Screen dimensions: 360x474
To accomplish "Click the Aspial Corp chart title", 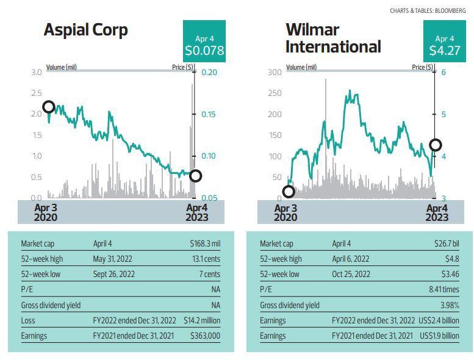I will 85,31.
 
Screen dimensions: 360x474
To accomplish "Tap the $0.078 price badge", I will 204,41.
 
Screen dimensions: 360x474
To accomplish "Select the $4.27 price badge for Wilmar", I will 444,41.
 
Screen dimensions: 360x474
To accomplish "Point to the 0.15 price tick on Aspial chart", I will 209,115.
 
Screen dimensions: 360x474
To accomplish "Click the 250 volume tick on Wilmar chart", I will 275,93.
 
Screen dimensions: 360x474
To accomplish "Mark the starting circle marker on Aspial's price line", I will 48,107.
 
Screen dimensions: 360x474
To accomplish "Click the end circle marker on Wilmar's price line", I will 436,145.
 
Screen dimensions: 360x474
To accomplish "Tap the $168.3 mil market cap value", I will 205,243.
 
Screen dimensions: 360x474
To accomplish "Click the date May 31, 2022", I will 115,259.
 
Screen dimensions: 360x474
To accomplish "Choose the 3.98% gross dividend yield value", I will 448,304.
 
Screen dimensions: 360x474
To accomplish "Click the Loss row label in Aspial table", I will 28,320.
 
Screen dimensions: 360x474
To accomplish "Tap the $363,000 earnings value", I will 206,336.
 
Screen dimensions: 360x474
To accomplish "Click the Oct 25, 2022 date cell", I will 351,274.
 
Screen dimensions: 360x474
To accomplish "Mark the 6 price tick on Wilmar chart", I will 443,72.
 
